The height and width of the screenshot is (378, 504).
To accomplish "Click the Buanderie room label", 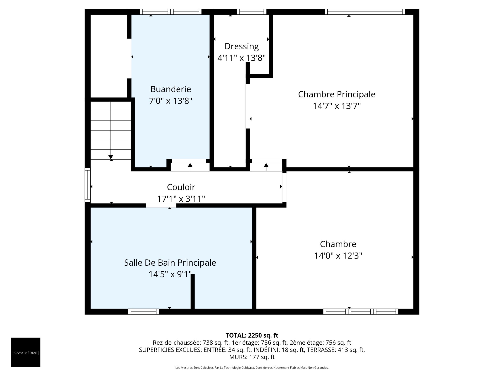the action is tap(171, 89).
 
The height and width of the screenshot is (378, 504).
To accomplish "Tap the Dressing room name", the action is tap(242, 46).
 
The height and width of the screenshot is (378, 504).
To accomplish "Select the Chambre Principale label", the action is tap(337, 94).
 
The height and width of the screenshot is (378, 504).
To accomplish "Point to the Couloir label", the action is tap(181, 187).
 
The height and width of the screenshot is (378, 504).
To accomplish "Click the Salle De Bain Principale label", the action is tap(170, 263).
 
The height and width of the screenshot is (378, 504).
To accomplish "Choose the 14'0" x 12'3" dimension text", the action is tap(338, 256).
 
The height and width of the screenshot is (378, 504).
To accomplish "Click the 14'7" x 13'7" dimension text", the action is tap(337, 106).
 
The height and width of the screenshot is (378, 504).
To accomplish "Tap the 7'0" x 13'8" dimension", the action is tap(171, 101).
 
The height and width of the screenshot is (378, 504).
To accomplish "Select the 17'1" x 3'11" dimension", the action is tap(181, 199).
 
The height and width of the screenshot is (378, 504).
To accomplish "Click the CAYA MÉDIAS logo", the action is tap(26, 352).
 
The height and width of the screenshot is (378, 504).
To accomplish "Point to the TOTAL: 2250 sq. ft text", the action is tap(252, 335).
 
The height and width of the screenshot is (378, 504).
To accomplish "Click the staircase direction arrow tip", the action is tap(111, 159).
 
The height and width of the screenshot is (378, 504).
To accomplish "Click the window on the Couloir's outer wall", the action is tap(88, 185).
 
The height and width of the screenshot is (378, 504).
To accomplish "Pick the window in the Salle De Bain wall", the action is tap(144, 312).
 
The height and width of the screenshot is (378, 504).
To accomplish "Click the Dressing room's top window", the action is tap(252, 12).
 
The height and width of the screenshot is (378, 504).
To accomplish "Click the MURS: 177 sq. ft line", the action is tap(252, 357).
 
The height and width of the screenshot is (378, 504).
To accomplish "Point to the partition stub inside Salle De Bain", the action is tap(192, 291).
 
